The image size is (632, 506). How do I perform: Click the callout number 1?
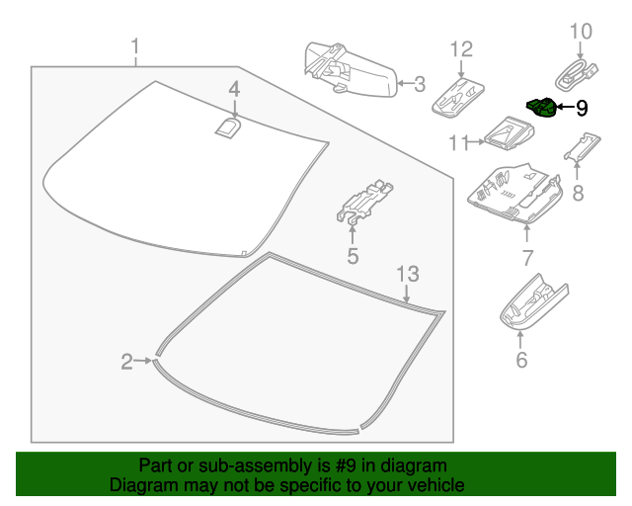[135, 46]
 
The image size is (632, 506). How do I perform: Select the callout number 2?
[126, 363]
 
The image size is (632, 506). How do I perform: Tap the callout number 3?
[419, 84]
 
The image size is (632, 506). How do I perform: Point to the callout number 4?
[234, 90]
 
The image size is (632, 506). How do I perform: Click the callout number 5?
[352, 258]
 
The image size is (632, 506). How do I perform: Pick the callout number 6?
[521, 361]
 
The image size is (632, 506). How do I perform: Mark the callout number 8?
[578, 193]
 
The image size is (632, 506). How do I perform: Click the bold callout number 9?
[582, 108]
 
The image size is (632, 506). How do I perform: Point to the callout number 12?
[462, 49]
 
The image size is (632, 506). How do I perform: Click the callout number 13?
[408, 273]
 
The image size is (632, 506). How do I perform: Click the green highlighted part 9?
[540, 106]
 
